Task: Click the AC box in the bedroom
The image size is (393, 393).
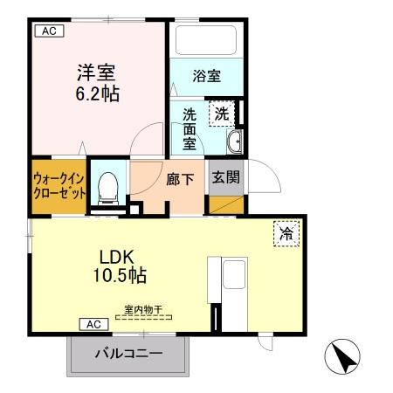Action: click(49, 31)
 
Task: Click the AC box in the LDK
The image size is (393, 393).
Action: click(94, 324)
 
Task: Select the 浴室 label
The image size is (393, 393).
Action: click(206, 76)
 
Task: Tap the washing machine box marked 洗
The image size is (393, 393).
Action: click(222, 114)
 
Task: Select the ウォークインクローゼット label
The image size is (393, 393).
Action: click(59, 185)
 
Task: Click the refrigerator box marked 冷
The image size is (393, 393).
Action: click(286, 233)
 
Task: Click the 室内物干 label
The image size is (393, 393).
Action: click(144, 309)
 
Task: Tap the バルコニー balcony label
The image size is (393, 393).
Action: click(128, 355)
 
